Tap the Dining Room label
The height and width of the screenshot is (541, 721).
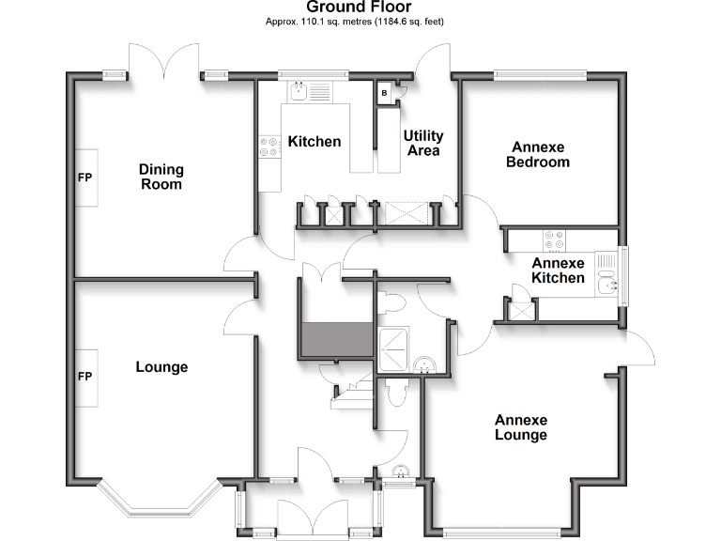point(161,177)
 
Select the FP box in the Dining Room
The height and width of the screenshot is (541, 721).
point(85,176)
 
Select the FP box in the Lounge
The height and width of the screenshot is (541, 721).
point(85,378)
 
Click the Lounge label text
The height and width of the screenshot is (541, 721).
point(161,366)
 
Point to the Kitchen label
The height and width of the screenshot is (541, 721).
point(314,142)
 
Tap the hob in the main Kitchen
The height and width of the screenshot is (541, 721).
point(268,147)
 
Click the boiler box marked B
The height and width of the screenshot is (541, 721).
point(384,93)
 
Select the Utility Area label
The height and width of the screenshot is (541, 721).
point(423,143)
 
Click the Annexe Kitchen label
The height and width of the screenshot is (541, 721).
point(558,270)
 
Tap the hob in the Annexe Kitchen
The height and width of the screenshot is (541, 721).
point(553,240)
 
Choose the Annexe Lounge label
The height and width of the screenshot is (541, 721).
point(521,427)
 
